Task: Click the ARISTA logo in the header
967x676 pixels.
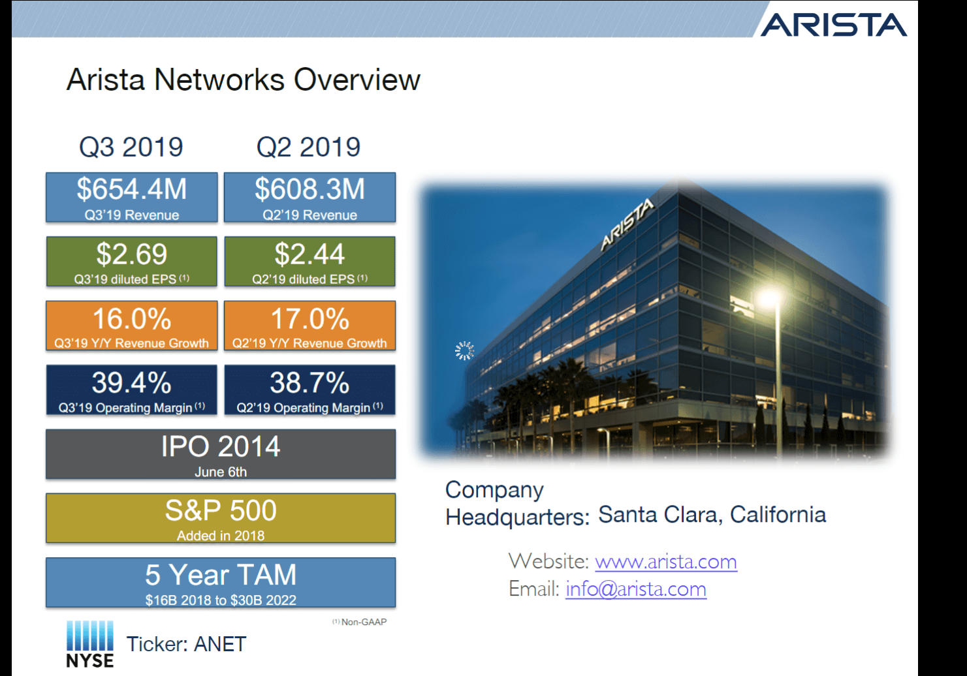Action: (x=834, y=25)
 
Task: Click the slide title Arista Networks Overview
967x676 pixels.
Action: (x=243, y=80)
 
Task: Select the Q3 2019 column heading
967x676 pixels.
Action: (x=131, y=147)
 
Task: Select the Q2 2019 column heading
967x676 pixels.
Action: (x=308, y=147)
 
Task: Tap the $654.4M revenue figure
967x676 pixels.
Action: (x=132, y=189)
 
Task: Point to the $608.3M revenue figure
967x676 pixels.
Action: (x=309, y=189)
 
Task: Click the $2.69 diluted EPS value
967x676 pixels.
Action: (x=132, y=254)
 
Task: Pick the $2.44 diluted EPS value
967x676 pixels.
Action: (x=309, y=254)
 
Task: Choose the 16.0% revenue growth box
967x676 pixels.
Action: (x=132, y=326)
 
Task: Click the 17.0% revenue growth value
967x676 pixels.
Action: (x=309, y=319)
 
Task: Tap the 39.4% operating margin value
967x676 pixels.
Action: (x=132, y=383)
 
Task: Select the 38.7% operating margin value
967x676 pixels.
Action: (x=309, y=383)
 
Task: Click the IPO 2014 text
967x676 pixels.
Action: (x=221, y=447)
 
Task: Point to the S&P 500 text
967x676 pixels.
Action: (x=221, y=510)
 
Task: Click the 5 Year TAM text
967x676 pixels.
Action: (x=221, y=575)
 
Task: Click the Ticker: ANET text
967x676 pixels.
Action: (x=186, y=644)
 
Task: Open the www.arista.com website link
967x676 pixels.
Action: (x=666, y=561)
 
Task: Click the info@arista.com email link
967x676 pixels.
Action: (x=636, y=589)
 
